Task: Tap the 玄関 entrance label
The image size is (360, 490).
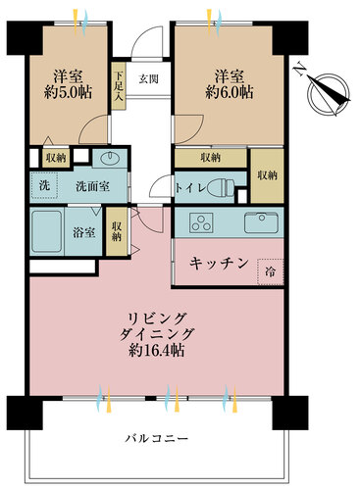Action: tap(148, 78)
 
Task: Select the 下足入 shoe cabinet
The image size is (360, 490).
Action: tap(118, 86)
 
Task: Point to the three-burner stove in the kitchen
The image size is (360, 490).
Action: tap(201, 222)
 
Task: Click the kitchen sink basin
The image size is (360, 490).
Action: tap(261, 222)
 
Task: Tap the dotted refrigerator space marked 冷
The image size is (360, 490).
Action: tap(270, 271)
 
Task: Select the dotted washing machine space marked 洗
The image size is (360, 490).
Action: tap(44, 185)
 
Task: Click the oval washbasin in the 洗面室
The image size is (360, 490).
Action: tap(110, 159)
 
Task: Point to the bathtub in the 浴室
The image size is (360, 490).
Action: tap(47, 231)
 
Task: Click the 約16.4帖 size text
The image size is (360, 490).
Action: tap(156, 351)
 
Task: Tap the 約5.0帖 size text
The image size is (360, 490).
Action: tap(68, 93)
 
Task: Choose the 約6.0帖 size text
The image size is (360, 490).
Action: tap(229, 93)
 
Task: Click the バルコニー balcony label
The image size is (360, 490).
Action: tap(157, 438)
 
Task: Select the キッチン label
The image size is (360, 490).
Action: tap(220, 264)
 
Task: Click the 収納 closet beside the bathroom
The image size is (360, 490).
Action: tap(117, 231)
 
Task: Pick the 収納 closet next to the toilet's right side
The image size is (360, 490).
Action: tap(267, 175)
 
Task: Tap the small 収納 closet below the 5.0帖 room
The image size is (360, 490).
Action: tap(56, 159)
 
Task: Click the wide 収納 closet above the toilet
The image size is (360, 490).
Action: tap(211, 158)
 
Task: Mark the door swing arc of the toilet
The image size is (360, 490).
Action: tap(158, 183)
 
